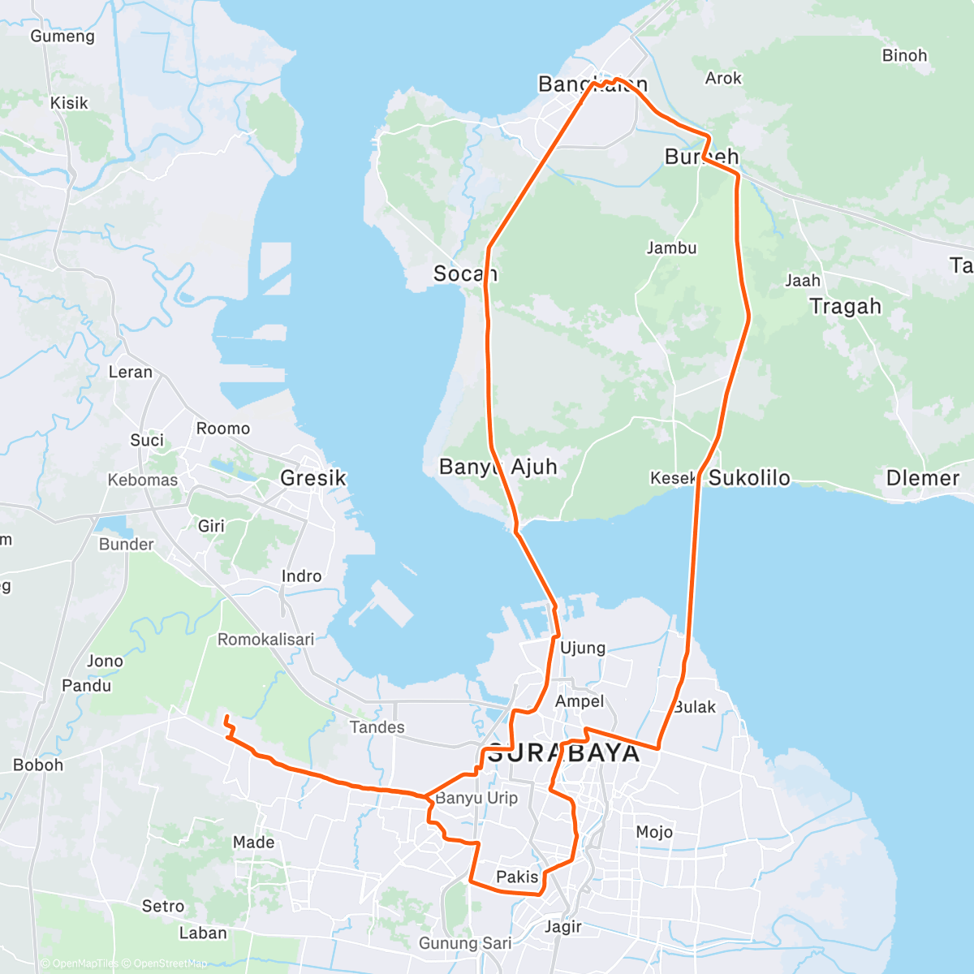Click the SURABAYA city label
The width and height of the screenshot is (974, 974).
[563, 753]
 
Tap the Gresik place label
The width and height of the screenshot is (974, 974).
[313, 478]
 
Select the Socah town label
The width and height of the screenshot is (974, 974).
[465, 274]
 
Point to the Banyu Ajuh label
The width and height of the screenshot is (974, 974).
[498, 467]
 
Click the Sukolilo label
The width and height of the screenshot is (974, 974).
[749, 478]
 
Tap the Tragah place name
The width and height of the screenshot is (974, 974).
[845, 306]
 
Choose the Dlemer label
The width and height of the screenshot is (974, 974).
[923, 478]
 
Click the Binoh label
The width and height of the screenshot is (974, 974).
[904, 56]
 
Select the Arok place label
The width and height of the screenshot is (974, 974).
[723, 79]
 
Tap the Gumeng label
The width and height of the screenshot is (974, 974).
[62, 37]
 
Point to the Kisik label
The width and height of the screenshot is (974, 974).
[69, 103]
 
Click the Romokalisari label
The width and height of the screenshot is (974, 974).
[265, 640]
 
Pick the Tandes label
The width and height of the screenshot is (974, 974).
[377, 727]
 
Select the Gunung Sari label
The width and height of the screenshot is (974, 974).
[465, 943]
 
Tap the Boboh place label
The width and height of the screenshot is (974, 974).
[38, 765]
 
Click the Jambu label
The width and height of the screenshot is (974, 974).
[671, 248]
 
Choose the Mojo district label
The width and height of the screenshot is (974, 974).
[654, 832]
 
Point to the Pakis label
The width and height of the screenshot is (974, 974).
[517, 877]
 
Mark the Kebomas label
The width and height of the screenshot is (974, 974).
[142, 480]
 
